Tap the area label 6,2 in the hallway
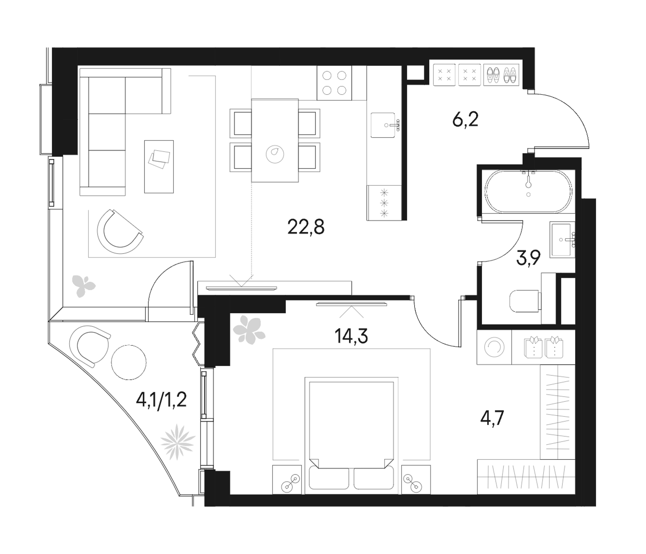point(465,120)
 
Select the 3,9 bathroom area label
point(528,258)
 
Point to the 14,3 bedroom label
point(351,336)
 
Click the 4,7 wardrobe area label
point(492,418)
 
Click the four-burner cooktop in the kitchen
point(334,83)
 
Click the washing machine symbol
point(494,347)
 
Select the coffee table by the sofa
point(159,166)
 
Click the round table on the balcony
point(129,362)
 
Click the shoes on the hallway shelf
point(501,75)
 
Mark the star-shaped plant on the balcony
point(178,442)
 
